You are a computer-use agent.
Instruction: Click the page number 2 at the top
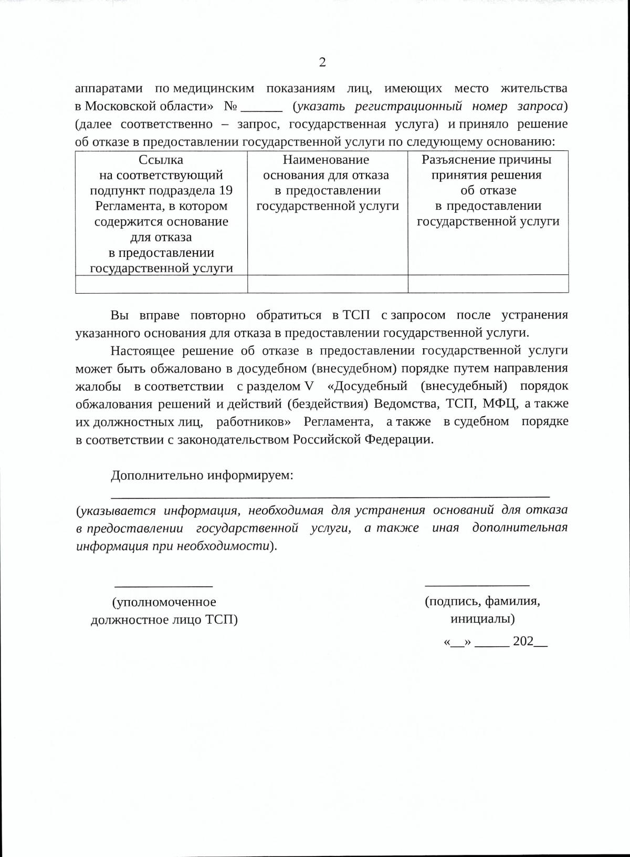coord(322,63)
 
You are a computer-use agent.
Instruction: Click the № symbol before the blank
coord(231,106)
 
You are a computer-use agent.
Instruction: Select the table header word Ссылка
coord(161,160)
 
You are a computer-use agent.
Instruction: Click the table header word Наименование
coord(326,160)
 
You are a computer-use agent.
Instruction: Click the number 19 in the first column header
coord(225,191)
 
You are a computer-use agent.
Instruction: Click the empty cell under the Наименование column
coord(328,284)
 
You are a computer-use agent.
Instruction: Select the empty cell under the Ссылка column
coord(161,284)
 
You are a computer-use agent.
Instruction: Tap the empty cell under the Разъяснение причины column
coord(488,284)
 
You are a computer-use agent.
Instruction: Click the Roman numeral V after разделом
coord(308,386)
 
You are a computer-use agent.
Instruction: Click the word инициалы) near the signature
coord(482,619)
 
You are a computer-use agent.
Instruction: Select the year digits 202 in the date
coord(523,642)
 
